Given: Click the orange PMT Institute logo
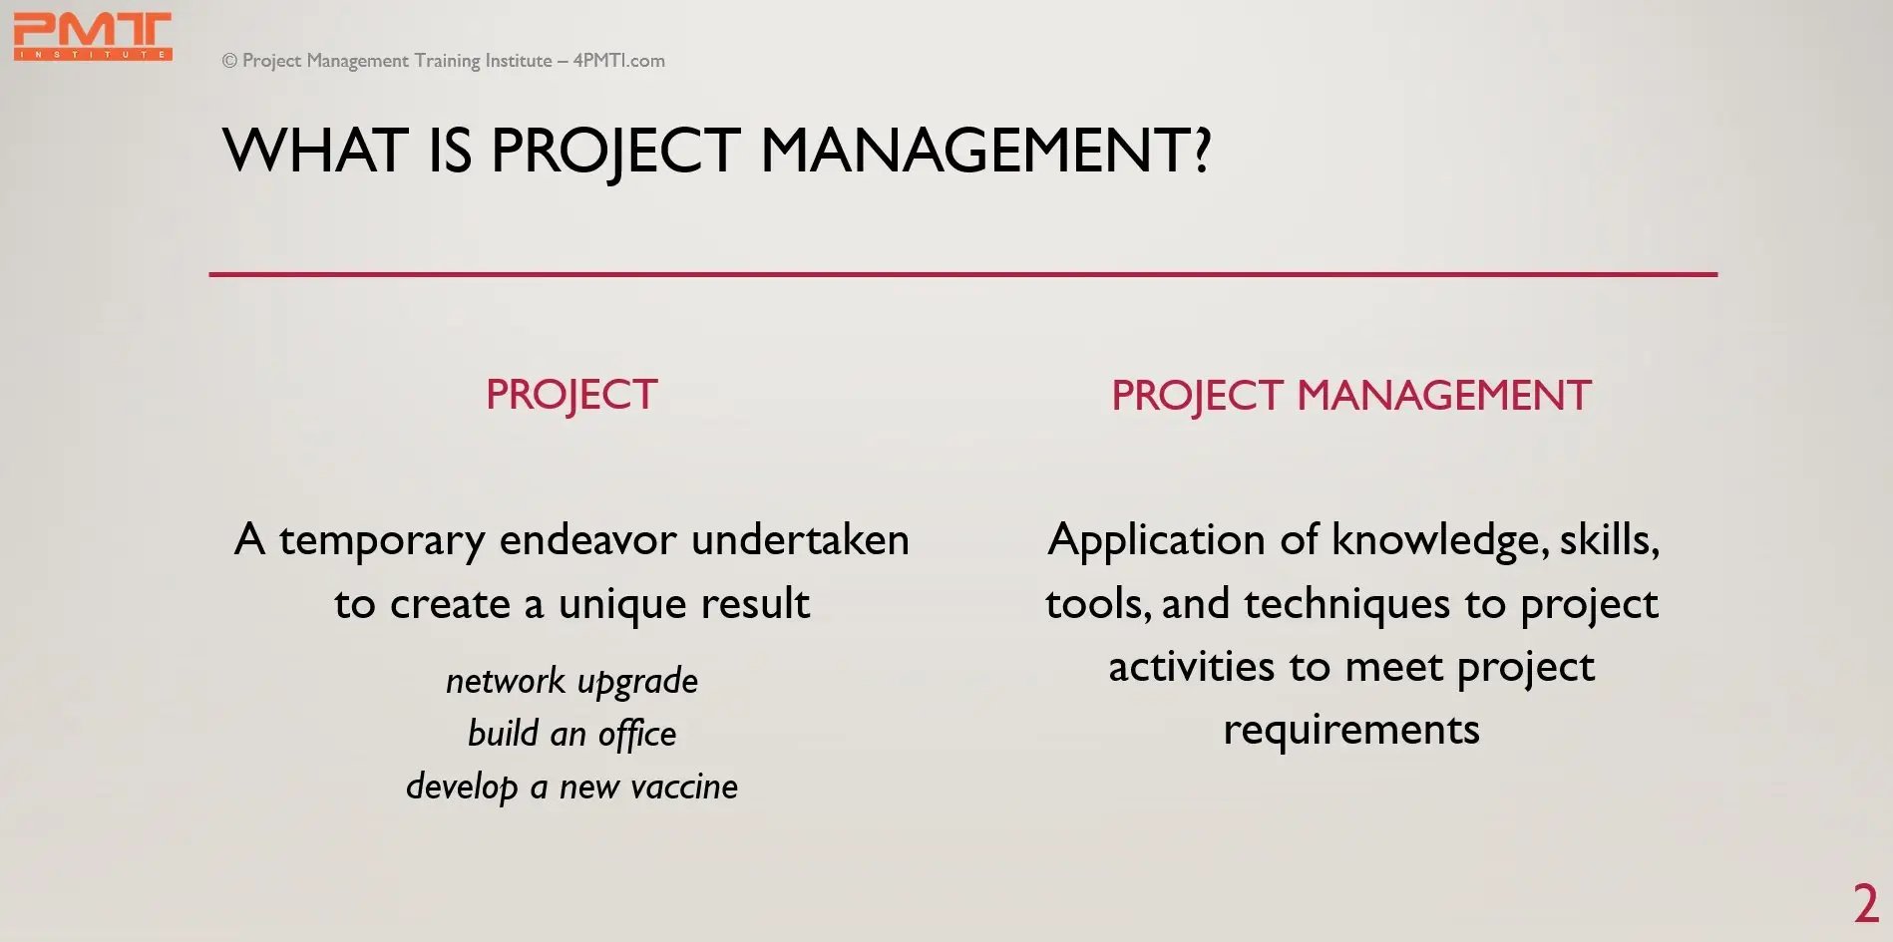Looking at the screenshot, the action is (93, 37).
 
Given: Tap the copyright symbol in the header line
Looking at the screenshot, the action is (229, 61).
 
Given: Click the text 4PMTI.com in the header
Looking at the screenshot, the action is (618, 60).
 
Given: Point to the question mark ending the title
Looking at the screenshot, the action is (1202, 151).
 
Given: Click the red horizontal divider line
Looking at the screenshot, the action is (963, 274).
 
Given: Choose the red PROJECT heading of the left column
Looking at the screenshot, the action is (571, 395).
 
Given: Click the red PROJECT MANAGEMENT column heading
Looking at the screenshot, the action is (1351, 396).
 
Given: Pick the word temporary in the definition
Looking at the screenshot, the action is (382, 541).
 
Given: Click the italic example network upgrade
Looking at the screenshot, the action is (571, 682).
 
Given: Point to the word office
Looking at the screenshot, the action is (637, 735).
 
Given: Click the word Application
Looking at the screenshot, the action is (1157, 541).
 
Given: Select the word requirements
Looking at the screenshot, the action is (1351, 731).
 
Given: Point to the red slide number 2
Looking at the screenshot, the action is (1866, 904).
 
